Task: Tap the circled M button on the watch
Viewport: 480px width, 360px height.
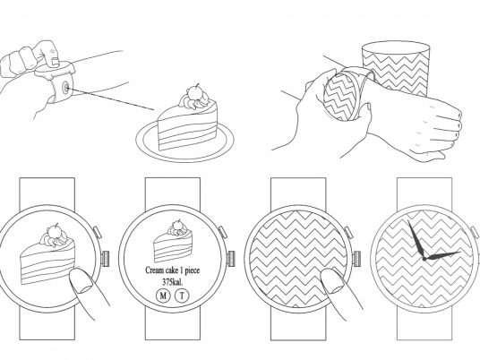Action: pos(163,296)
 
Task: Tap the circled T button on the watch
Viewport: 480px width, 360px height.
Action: pos(182,296)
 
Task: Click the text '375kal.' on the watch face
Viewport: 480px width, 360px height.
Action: pos(172,283)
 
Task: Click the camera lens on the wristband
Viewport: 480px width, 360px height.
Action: pos(65,88)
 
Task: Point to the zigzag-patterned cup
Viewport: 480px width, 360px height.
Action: pos(396,69)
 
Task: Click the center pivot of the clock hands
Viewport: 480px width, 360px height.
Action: pos(424,259)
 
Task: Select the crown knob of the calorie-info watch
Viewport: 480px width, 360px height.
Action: pos(230,259)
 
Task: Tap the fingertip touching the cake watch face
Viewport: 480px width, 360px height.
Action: pos(82,281)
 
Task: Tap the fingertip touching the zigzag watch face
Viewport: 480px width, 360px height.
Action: pos(332,281)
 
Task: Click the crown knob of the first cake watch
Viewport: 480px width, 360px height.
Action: pos(106,259)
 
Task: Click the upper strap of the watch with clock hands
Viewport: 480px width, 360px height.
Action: pos(424,193)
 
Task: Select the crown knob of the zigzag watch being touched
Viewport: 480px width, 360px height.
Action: pos(357,259)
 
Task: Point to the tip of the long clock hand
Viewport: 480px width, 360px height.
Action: pos(408,221)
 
